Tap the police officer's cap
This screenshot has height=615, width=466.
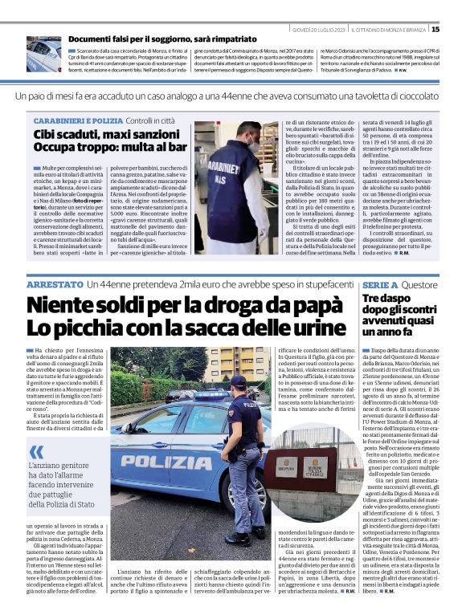(x=239, y=380)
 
